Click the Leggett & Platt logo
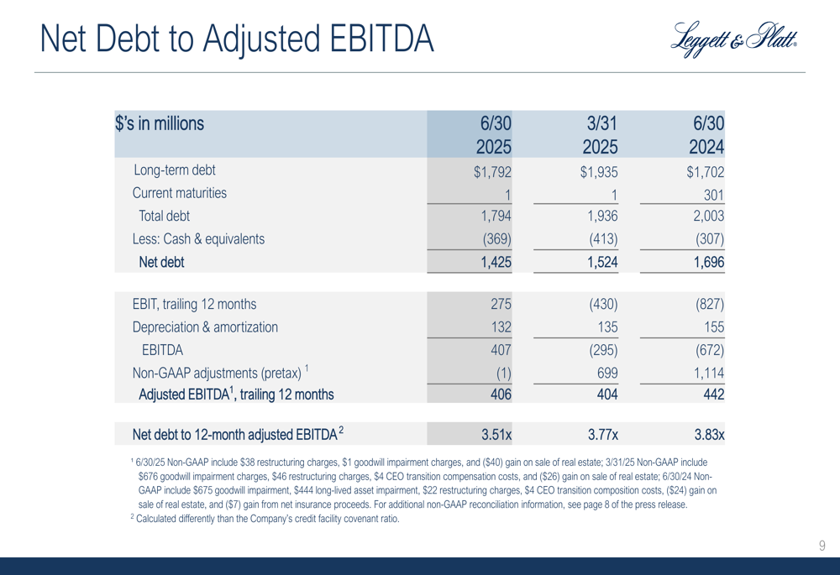733,39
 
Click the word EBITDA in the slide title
381,39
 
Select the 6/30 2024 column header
707,135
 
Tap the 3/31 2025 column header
601,135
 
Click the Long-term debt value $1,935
599,172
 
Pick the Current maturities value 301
713,195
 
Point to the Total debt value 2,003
709,216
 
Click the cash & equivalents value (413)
603,238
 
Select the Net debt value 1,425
496,262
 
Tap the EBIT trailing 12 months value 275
501,304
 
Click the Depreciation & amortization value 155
714,327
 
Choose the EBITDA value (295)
603,350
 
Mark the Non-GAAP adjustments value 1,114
709,374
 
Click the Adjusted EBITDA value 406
501,395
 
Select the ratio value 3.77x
602,434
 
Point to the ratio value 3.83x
709,434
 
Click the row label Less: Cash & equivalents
198,238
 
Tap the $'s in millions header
160,123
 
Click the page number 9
822,546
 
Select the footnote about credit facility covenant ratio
265,518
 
